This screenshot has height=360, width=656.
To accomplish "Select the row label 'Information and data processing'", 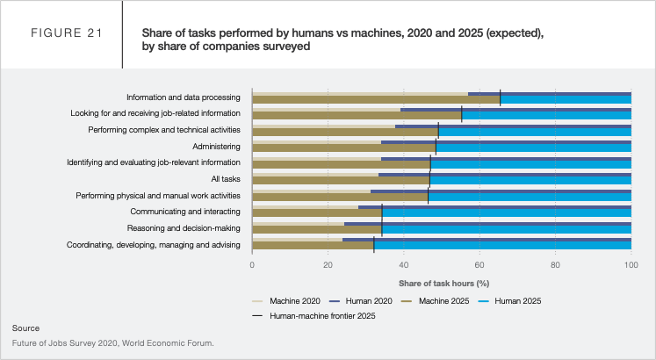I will (x=183, y=97).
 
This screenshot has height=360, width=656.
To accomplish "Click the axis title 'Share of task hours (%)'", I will (x=443, y=284).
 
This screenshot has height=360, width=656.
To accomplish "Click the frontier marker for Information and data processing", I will (x=500, y=97).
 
